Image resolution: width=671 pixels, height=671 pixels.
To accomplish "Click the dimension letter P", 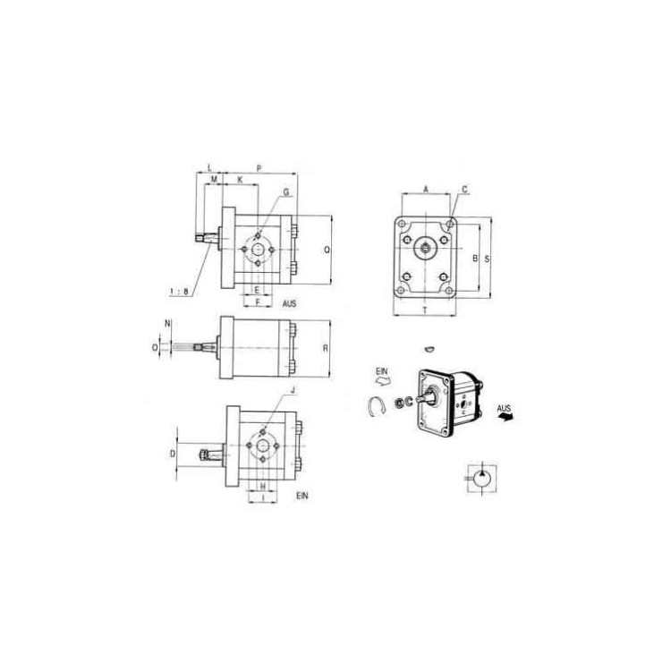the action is (x=259, y=168).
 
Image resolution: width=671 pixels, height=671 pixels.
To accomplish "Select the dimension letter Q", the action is (x=327, y=250).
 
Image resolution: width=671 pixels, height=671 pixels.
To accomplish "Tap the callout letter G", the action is (x=286, y=192).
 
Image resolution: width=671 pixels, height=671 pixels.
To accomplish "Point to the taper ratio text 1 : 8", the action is (x=179, y=292).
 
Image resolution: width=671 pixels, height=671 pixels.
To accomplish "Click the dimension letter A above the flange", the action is (x=426, y=189).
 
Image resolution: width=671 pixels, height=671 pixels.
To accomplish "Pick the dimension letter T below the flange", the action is (x=424, y=310).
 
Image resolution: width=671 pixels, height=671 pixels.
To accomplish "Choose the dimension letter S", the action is (x=487, y=259).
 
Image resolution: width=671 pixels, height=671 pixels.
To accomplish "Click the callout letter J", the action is (x=293, y=390).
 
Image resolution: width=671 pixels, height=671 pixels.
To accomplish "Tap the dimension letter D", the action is (x=173, y=454).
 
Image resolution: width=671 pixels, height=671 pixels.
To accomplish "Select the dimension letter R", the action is (x=326, y=348).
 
